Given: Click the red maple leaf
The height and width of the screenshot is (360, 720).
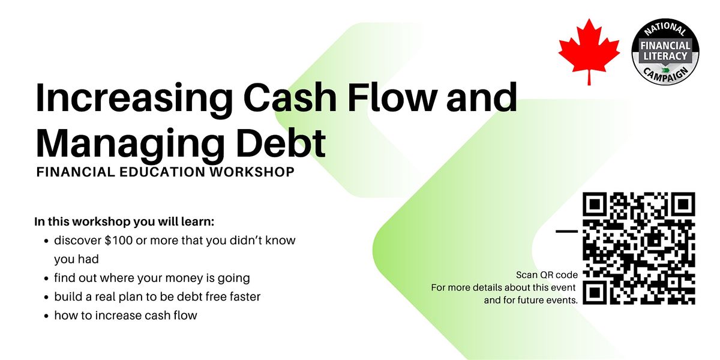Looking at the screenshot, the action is [x=589, y=52].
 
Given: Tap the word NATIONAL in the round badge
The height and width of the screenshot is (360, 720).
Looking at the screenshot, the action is [x=665, y=29].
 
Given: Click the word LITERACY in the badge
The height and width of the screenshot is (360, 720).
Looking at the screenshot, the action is [x=665, y=56].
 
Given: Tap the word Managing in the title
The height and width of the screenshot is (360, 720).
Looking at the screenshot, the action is [x=130, y=144].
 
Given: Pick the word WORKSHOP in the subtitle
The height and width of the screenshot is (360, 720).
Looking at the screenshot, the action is [x=252, y=172].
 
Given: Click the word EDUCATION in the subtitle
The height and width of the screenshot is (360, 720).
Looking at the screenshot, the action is [x=163, y=172].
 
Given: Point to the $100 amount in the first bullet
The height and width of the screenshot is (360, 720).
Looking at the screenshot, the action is [x=119, y=241].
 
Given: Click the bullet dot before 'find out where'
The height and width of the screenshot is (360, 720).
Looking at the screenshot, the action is [x=47, y=278].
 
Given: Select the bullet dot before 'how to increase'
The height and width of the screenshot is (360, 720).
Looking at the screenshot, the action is [x=47, y=316].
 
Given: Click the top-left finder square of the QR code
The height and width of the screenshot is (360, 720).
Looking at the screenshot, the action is [x=595, y=204].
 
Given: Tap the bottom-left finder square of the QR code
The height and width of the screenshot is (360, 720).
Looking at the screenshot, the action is [x=595, y=293].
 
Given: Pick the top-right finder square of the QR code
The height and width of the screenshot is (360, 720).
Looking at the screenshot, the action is [x=683, y=204].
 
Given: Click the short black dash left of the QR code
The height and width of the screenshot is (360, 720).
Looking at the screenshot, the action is [x=566, y=231].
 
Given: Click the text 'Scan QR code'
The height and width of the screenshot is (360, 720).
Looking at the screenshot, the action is [x=547, y=275].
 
